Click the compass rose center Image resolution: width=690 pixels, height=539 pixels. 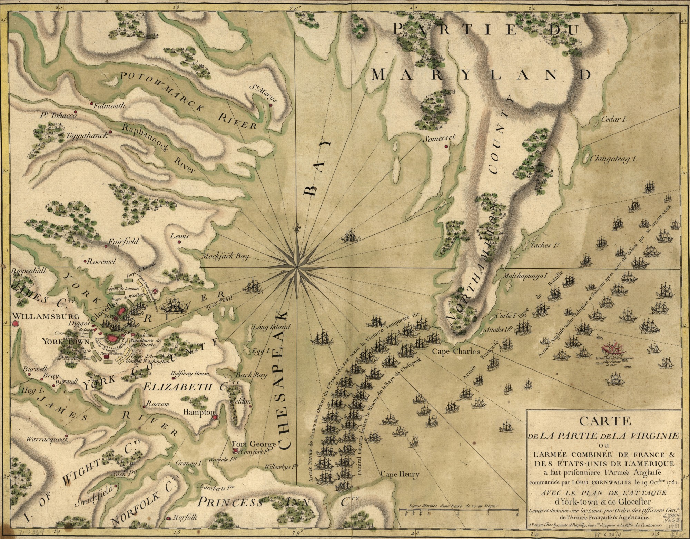click(x=297, y=267)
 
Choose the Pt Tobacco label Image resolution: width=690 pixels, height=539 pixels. click(x=58, y=115)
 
